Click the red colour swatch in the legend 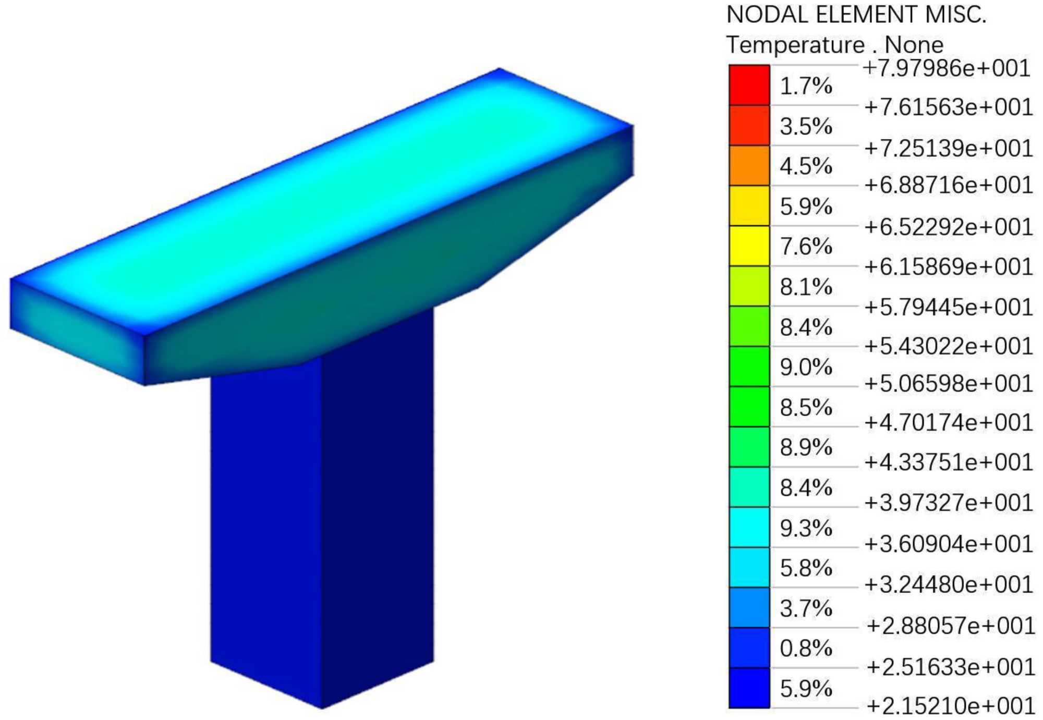click(749, 85)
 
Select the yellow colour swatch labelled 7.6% click(749, 246)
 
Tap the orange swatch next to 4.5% click(749, 165)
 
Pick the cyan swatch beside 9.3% click(749, 527)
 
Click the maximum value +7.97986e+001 click(947, 68)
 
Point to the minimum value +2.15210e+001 click(951, 706)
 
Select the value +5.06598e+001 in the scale click(949, 384)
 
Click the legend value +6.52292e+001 click(949, 227)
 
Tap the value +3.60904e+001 click(949, 544)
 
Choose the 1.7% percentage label click(806, 86)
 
